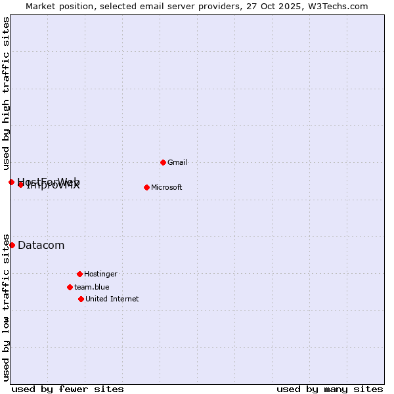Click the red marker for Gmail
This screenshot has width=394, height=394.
click(163, 162)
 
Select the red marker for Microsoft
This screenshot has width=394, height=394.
click(146, 187)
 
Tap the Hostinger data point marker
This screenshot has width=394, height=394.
click(79, 274)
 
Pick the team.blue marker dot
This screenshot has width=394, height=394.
click(70, 287)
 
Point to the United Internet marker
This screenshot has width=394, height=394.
click(81, 299)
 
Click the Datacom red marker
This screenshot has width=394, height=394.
click(12, 245)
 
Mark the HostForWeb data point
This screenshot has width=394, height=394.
click(11, 182)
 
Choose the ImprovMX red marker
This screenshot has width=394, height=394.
click(21, 185)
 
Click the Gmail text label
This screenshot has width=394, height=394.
click(177, 162)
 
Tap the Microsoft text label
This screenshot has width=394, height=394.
click(167, 187)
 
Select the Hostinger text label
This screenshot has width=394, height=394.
click(100, 274)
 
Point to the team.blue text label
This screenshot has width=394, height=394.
click(92, 287)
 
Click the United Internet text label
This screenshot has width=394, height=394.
click(112, 299)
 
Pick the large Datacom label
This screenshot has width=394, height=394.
click(41, 246)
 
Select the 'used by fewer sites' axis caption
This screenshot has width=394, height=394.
click(68, 389)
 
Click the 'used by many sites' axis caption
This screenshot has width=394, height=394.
click(330, 389)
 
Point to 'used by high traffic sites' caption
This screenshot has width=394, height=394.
click(7, 93)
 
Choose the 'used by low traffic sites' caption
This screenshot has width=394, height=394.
click(7, 307)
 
